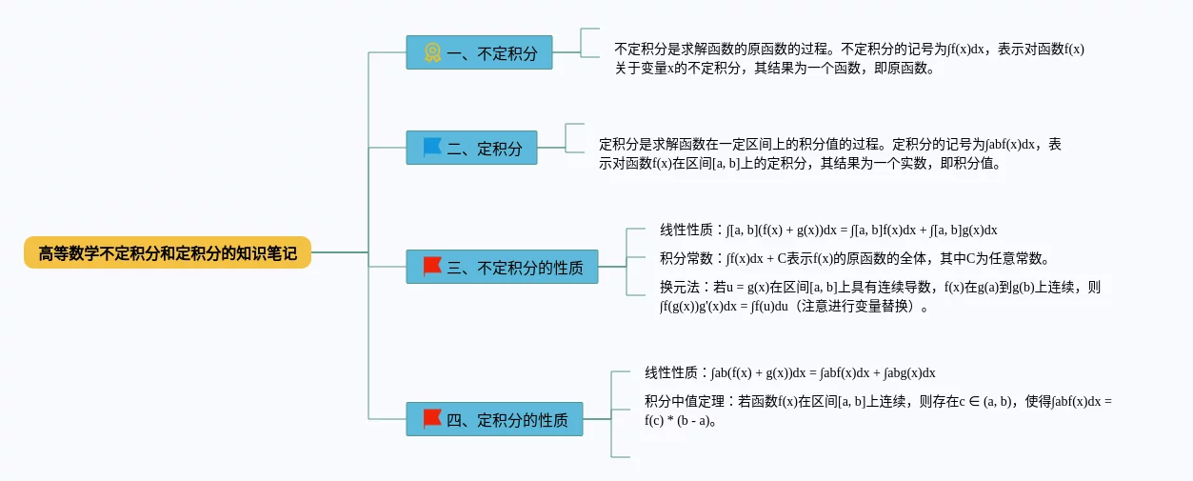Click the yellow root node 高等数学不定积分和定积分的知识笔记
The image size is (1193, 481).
tap(168, 253)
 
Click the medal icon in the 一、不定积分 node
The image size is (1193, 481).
tap(432, 53)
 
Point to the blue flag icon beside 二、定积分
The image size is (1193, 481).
tap(432, 148)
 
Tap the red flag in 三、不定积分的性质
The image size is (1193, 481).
tap(432, 267)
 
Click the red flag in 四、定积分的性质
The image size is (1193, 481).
tap(432, 419)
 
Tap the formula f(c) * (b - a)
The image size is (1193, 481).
tap(680, 420)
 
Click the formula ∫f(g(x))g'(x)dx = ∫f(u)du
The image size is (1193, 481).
tap(725, 306)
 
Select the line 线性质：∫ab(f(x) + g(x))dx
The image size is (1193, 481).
tap(789, 372)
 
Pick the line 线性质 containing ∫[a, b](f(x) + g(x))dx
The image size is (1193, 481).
tap(827, 230)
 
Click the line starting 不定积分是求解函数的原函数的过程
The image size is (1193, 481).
tap(849, 50)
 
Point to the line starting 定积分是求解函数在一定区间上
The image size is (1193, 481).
tap(830, 145)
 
